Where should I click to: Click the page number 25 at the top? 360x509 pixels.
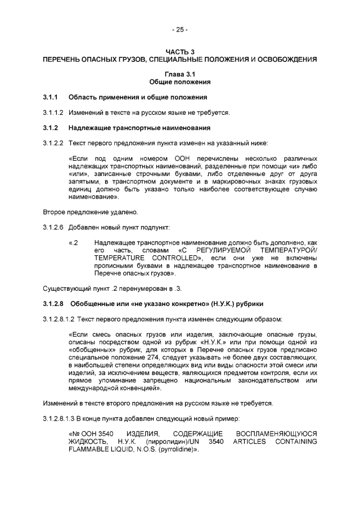[x=180, y=29]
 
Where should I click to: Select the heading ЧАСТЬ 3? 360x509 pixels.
[x=180, y=52]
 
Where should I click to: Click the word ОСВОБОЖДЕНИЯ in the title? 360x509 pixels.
[x=284, y=59]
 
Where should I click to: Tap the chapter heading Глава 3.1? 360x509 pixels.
[x=180, y=74]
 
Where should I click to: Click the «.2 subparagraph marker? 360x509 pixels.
[x=73, y=242]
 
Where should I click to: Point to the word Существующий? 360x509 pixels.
[x=64, y=288]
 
